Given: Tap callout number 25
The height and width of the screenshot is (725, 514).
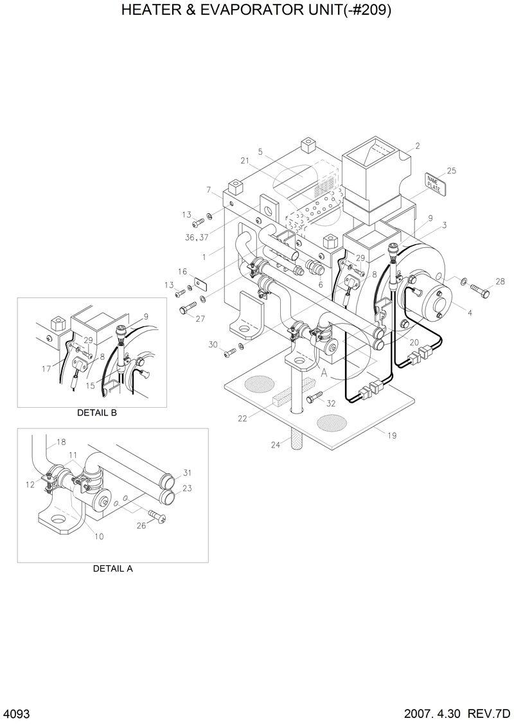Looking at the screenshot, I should (452, 170).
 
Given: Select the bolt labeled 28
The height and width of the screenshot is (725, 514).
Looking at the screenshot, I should (479, 290).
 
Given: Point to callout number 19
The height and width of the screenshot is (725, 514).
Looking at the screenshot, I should (391, 435).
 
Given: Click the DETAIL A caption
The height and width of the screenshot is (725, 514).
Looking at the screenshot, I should (112, 568).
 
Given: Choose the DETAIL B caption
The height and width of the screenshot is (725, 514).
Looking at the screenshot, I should (97, 413).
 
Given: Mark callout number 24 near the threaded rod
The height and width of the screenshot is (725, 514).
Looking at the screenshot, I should (275, 444).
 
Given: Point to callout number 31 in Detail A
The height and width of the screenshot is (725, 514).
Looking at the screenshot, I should (187, 473).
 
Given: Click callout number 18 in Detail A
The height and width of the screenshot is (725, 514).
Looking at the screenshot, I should (62, 442).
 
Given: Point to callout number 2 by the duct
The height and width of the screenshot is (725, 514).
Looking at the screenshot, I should (417, 146).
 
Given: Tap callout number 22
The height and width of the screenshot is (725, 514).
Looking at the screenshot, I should (242, 419).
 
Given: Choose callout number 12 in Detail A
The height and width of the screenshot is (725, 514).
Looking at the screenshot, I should (30, 485).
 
